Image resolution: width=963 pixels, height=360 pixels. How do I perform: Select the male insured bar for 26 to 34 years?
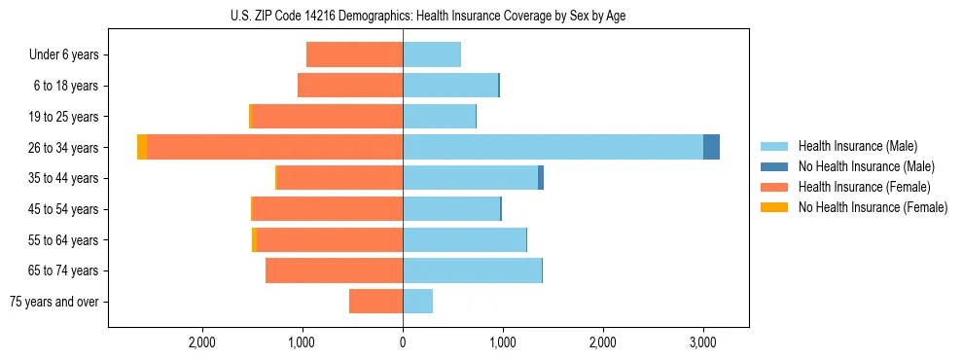point(553,147)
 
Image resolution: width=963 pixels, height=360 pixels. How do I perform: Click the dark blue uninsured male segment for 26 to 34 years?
point(711,147)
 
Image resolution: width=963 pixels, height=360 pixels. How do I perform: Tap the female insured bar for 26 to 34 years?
point(274,147)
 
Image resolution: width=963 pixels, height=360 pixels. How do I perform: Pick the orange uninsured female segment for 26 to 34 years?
point(142,147)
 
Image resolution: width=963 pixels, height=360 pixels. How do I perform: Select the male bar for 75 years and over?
point(417,302)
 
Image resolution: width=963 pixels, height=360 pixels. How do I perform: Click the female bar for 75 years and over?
point(375,302)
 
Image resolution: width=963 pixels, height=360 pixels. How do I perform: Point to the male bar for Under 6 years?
point(432,54)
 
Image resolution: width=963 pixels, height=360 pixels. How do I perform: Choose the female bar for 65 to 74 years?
point(334,270)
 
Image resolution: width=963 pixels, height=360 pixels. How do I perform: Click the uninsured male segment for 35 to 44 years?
point(541,178)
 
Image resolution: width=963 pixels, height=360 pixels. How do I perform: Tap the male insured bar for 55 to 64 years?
point(464,239)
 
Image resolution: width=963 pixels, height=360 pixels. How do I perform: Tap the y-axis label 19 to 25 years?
point(65,117)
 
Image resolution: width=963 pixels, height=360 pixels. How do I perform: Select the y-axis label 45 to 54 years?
point(65,209)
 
